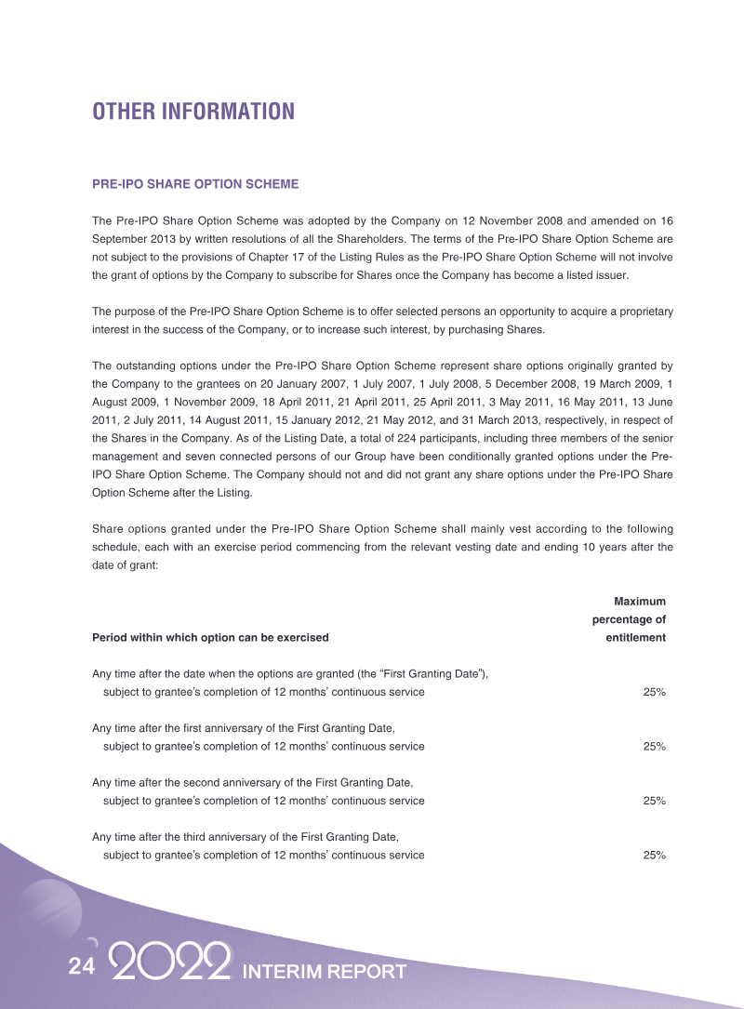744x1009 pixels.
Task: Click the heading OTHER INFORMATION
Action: (193, 112)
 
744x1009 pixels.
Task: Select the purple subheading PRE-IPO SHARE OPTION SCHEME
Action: (195, 184)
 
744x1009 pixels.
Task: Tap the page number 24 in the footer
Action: (82, 967)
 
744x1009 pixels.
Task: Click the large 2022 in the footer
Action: (170, 963)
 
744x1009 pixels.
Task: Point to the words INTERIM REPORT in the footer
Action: (324, 972)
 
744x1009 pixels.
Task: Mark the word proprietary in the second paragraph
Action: (642, 312)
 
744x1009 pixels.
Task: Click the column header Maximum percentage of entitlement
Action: (630, 619)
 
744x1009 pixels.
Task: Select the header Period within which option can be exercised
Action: (210, 638)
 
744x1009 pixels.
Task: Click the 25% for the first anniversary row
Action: (654, 746)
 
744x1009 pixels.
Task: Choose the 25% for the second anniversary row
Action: (654, 801)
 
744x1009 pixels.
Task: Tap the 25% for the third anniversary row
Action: (654, 855)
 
